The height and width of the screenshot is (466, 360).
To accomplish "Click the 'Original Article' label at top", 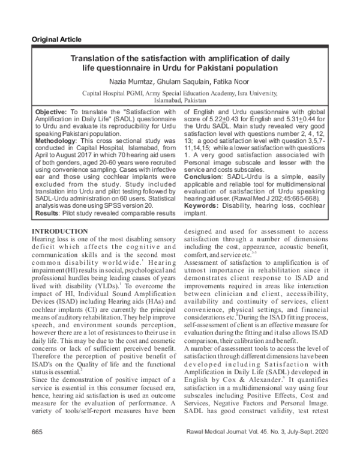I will tap(58, 40).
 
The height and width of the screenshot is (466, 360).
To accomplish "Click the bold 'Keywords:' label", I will tap(203, 206).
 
